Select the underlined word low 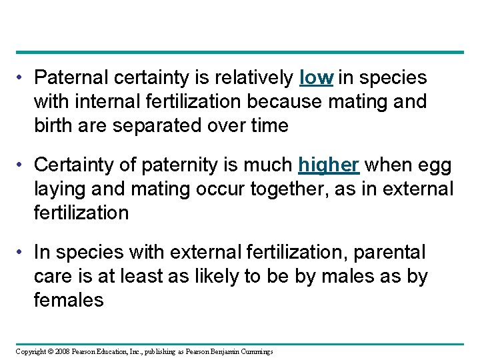(317, 78)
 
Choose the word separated (167, 126)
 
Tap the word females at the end (69, 301)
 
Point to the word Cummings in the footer (255, 351)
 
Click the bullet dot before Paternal (23, 79)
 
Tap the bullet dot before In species (23, 253)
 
